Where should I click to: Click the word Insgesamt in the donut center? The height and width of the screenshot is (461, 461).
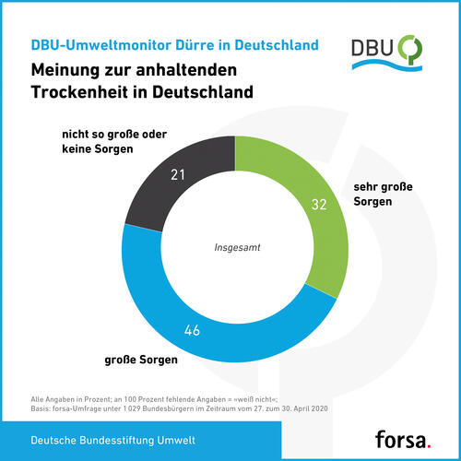(236, 247)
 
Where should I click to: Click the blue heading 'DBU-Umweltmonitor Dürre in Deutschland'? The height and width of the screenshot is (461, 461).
(175, 44)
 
